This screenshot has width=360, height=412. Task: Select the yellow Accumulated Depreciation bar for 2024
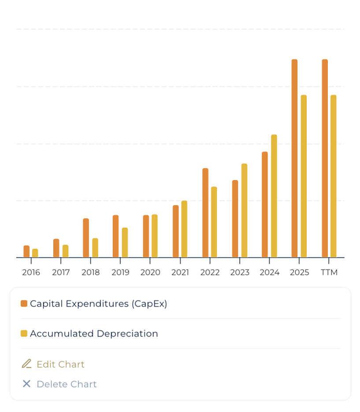point(274,196)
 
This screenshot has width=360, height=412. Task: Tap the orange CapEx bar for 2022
point(205,213)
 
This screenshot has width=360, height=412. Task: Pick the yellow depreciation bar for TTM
point(334,176)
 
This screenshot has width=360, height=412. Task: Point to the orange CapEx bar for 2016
point(26,251)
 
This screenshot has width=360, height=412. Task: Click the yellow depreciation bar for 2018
point(95,248)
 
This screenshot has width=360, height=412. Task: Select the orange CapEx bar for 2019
point(115,236)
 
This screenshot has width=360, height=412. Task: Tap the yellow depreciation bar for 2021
point(184,229)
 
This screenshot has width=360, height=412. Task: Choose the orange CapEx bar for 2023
point(235,218)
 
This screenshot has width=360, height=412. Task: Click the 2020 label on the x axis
point(150,273)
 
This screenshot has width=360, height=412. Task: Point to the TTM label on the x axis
point(329,273)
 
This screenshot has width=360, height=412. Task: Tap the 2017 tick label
point(61,273)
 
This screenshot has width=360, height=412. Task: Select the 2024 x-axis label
point(270,273)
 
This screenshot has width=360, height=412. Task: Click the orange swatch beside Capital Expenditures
point(24,303)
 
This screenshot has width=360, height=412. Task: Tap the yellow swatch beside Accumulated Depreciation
point(24,333)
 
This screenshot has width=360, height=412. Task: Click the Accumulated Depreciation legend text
point(94,333)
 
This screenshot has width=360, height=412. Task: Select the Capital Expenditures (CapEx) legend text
point(99,303)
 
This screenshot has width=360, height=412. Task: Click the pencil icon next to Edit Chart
point(26,364)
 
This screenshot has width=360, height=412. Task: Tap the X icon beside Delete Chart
point(26,384)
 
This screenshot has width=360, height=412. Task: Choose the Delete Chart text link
point(67,384)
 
